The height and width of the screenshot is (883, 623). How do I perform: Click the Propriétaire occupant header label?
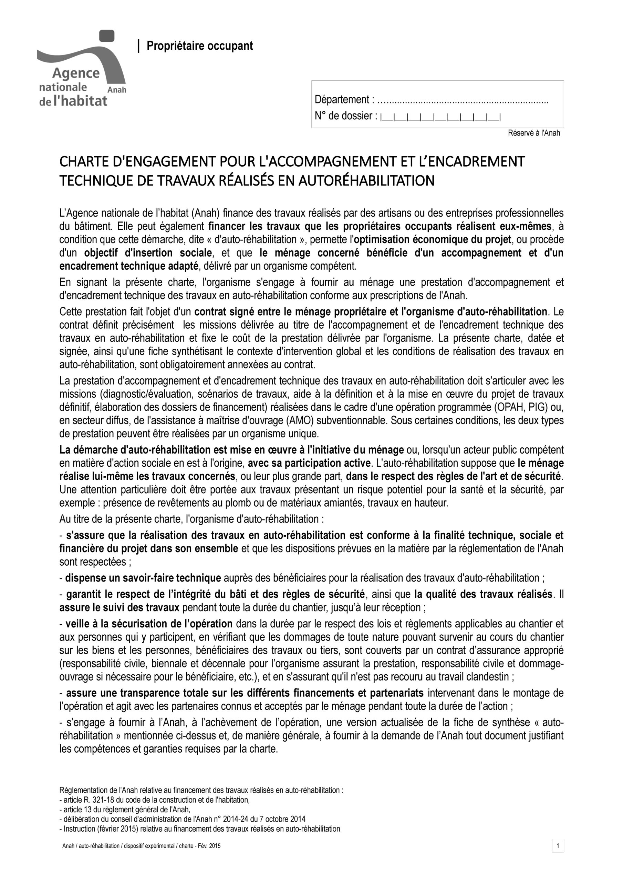(200, 46)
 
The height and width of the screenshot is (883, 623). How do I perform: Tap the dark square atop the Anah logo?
(107, 36)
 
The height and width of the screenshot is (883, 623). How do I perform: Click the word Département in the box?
(342, 100)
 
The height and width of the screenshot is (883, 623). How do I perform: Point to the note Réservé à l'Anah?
(534, 133)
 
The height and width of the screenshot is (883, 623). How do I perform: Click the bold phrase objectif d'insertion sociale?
(148, 253)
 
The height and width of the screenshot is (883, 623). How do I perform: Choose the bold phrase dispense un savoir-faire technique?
(143, 578)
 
